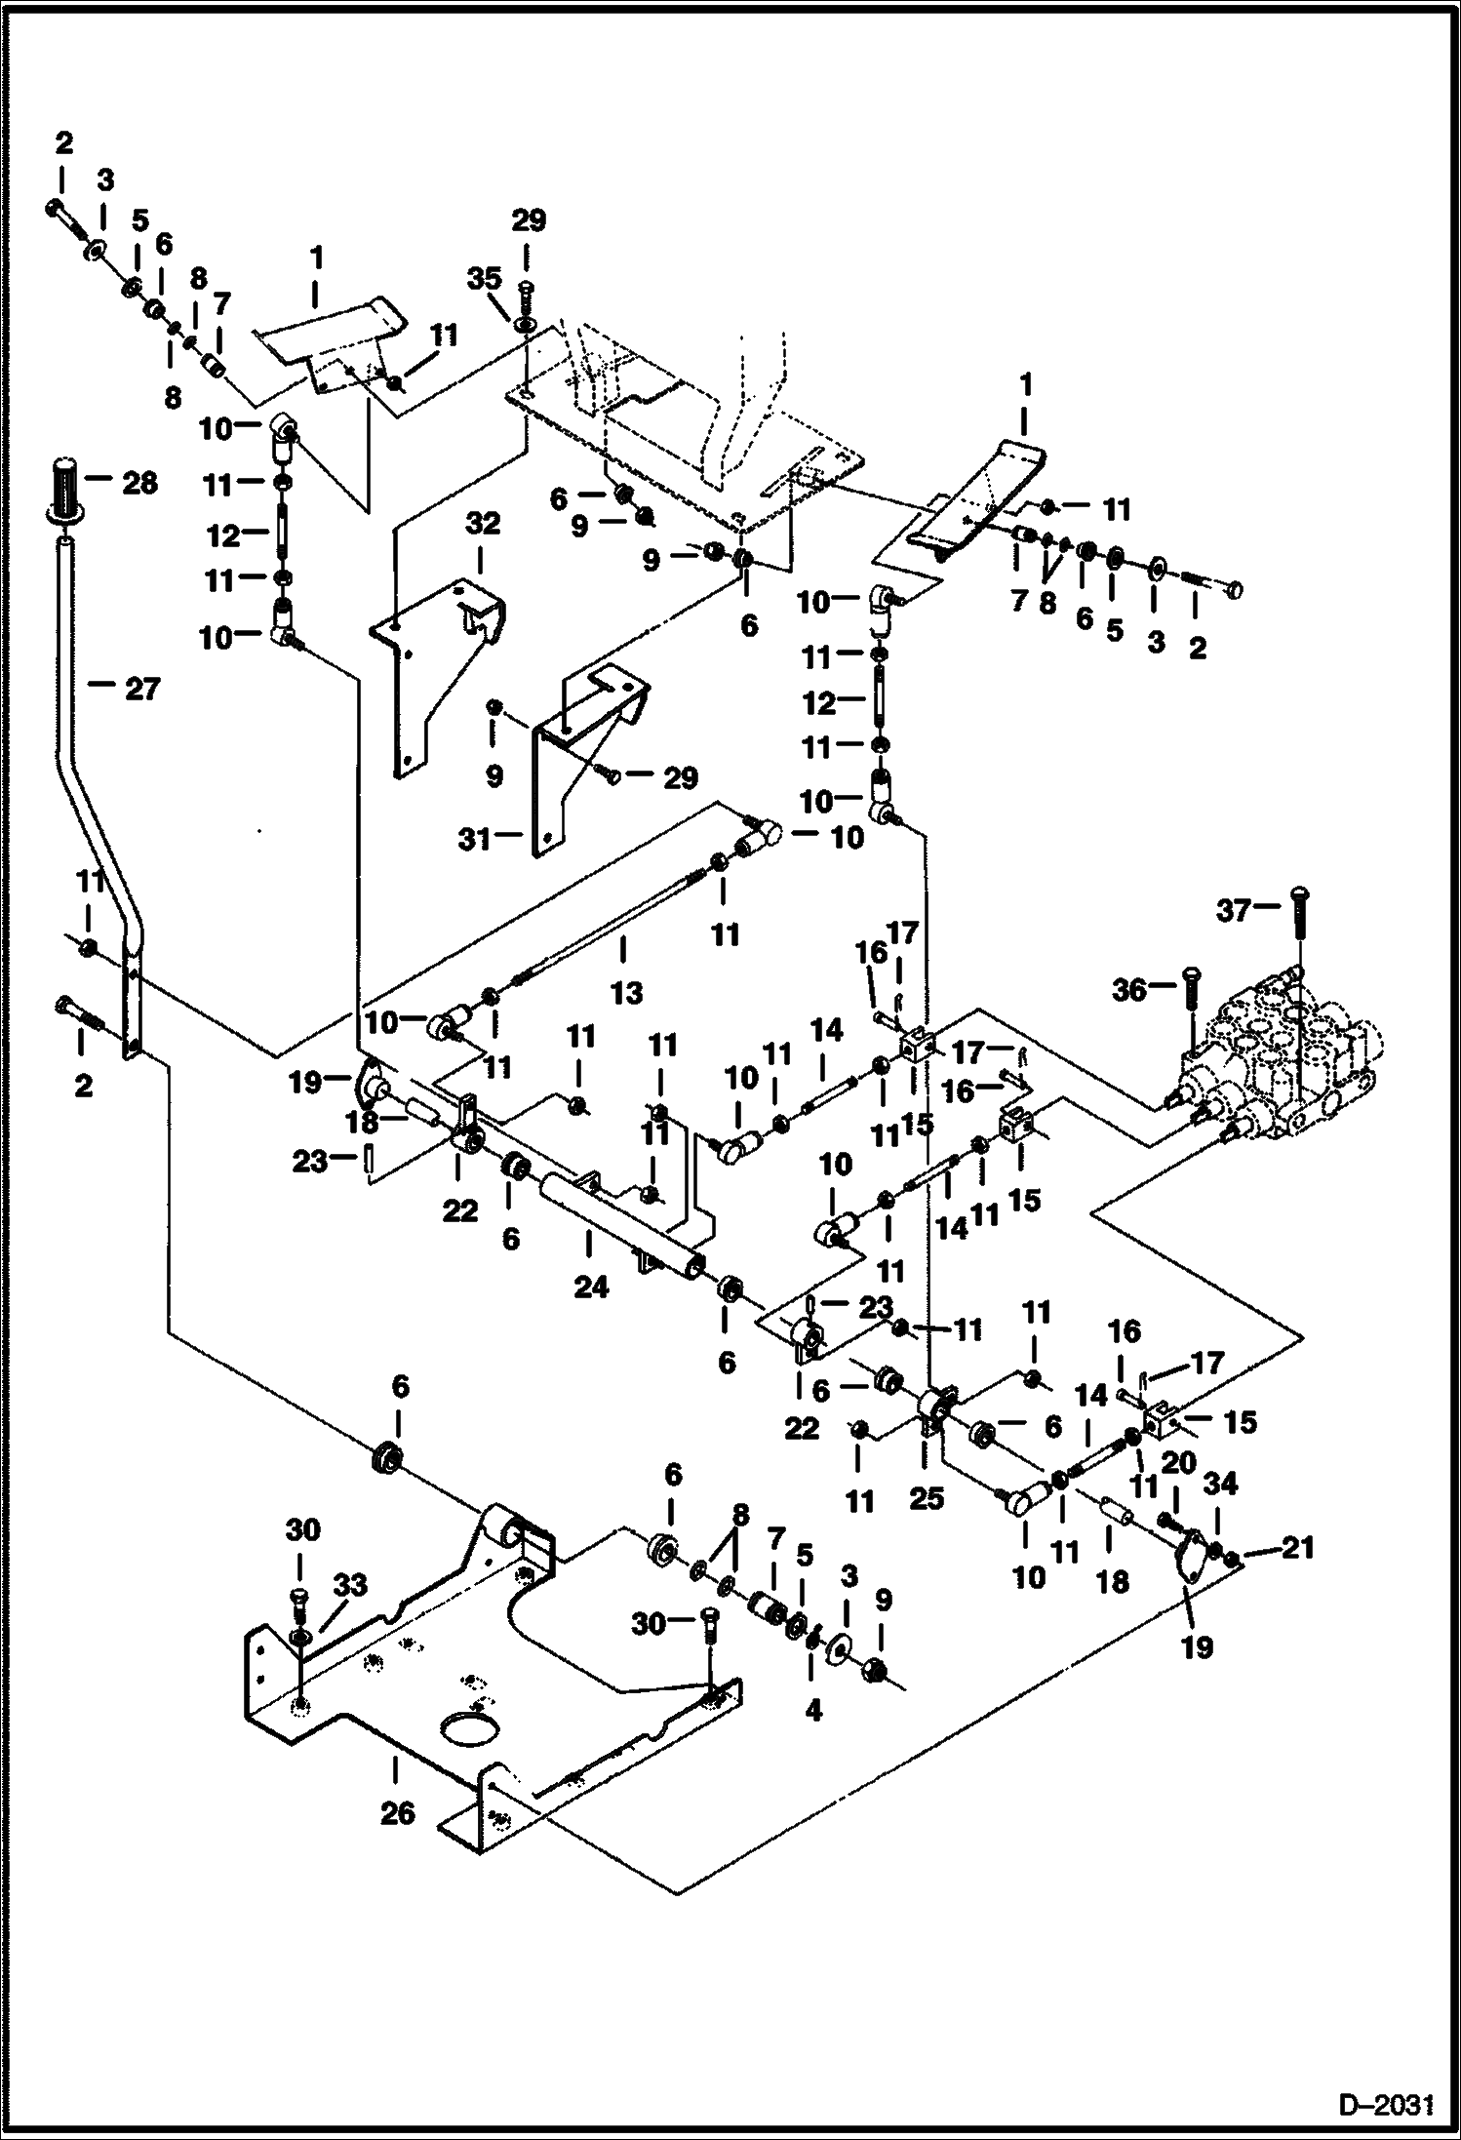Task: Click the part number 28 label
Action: [140, 483]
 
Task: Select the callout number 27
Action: [142, 690]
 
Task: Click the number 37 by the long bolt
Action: [1233, 910]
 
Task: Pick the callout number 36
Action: [1130, 990]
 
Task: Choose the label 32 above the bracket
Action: [483, 524]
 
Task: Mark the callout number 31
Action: [475, 838]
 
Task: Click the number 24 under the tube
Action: [591, 1287]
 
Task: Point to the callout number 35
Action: [484, 281]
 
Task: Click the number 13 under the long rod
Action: [626, 993]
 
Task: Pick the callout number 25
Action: [927, 1497]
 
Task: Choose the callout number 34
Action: [1221, 1484]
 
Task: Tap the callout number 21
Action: [1298, 1547]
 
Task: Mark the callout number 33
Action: [350, 1586]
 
